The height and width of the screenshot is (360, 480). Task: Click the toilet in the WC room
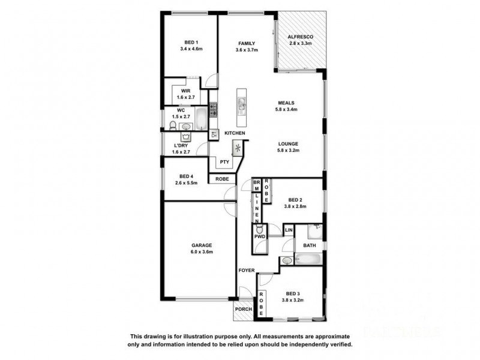[x=173, y=125]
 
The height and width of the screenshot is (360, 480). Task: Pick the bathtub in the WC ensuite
[x=200, y=118]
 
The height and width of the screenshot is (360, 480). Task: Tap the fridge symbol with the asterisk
[x=238, y=148]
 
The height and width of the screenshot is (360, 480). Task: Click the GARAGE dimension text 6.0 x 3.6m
[x=199, y=252]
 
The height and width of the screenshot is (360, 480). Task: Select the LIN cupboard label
[x=288, y=230]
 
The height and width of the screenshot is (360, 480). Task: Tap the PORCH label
[x=243, y=309]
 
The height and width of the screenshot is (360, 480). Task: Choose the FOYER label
[x=245, y=271]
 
